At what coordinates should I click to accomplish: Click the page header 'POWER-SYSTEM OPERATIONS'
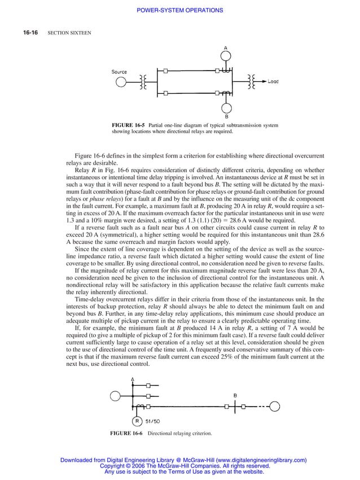click(x=180, y=10)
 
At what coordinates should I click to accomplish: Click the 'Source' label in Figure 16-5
click(x=119, y=72)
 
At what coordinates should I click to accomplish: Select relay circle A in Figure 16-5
click(x=226, y=55)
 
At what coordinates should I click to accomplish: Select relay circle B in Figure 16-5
click(x=226, y=107)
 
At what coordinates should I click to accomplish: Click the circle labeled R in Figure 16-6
click(x=137, y=421)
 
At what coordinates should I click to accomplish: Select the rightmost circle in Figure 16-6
click(x=275, y=406)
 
